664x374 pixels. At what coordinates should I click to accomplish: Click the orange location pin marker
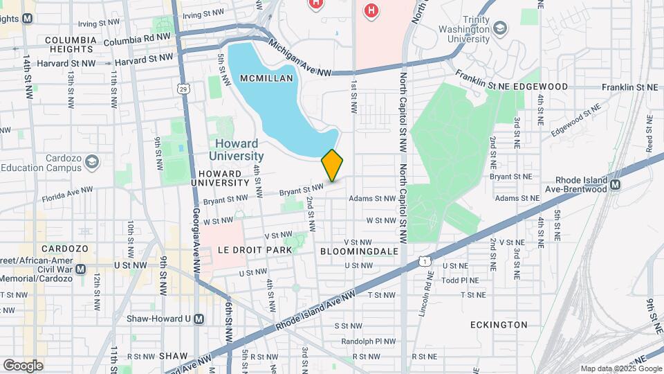point(332,166)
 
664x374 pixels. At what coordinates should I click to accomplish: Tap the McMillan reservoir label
point(263,78)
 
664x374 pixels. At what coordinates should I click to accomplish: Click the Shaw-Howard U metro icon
point(199,319)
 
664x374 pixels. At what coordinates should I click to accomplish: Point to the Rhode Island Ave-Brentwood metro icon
point(615,185)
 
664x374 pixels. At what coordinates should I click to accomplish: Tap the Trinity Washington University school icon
point(500,28)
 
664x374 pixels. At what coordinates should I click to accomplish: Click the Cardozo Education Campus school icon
point(91,163)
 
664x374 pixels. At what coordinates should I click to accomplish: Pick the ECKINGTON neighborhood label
point(498,324)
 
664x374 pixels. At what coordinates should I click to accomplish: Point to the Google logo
point(23,365)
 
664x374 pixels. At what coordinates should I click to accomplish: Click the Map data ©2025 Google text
point(619,368)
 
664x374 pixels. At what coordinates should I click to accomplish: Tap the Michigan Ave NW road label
point(300,57)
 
